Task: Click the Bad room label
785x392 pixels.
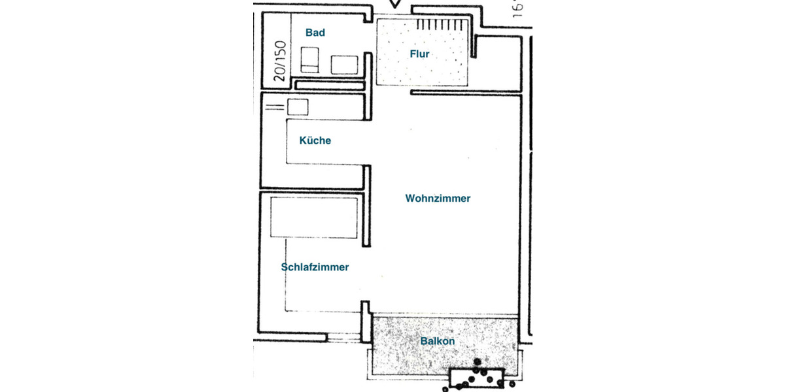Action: tap(315, 33)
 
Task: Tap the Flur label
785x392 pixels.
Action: tap(419, 54)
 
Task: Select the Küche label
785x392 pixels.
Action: tap(315, 140)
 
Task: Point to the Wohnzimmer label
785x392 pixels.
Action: tap(438, 199)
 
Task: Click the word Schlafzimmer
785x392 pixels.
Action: tap(315, 267)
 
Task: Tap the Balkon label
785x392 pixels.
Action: tap(437, 341)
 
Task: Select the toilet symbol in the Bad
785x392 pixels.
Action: tap(309, 59)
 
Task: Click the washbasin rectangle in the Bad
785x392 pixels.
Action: tap(344, 65)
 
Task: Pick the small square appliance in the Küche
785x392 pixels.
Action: tap(298, 106)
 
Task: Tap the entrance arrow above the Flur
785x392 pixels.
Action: tap(394, 5)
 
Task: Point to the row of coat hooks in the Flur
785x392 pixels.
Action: tap(443, 24)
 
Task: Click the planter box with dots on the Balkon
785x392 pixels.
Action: tap(477, 378)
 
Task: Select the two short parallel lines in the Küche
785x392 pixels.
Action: tap(275, 106)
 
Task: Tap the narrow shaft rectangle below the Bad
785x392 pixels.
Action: tap(328, 85)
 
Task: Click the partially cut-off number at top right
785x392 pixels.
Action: tap(517, 8)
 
